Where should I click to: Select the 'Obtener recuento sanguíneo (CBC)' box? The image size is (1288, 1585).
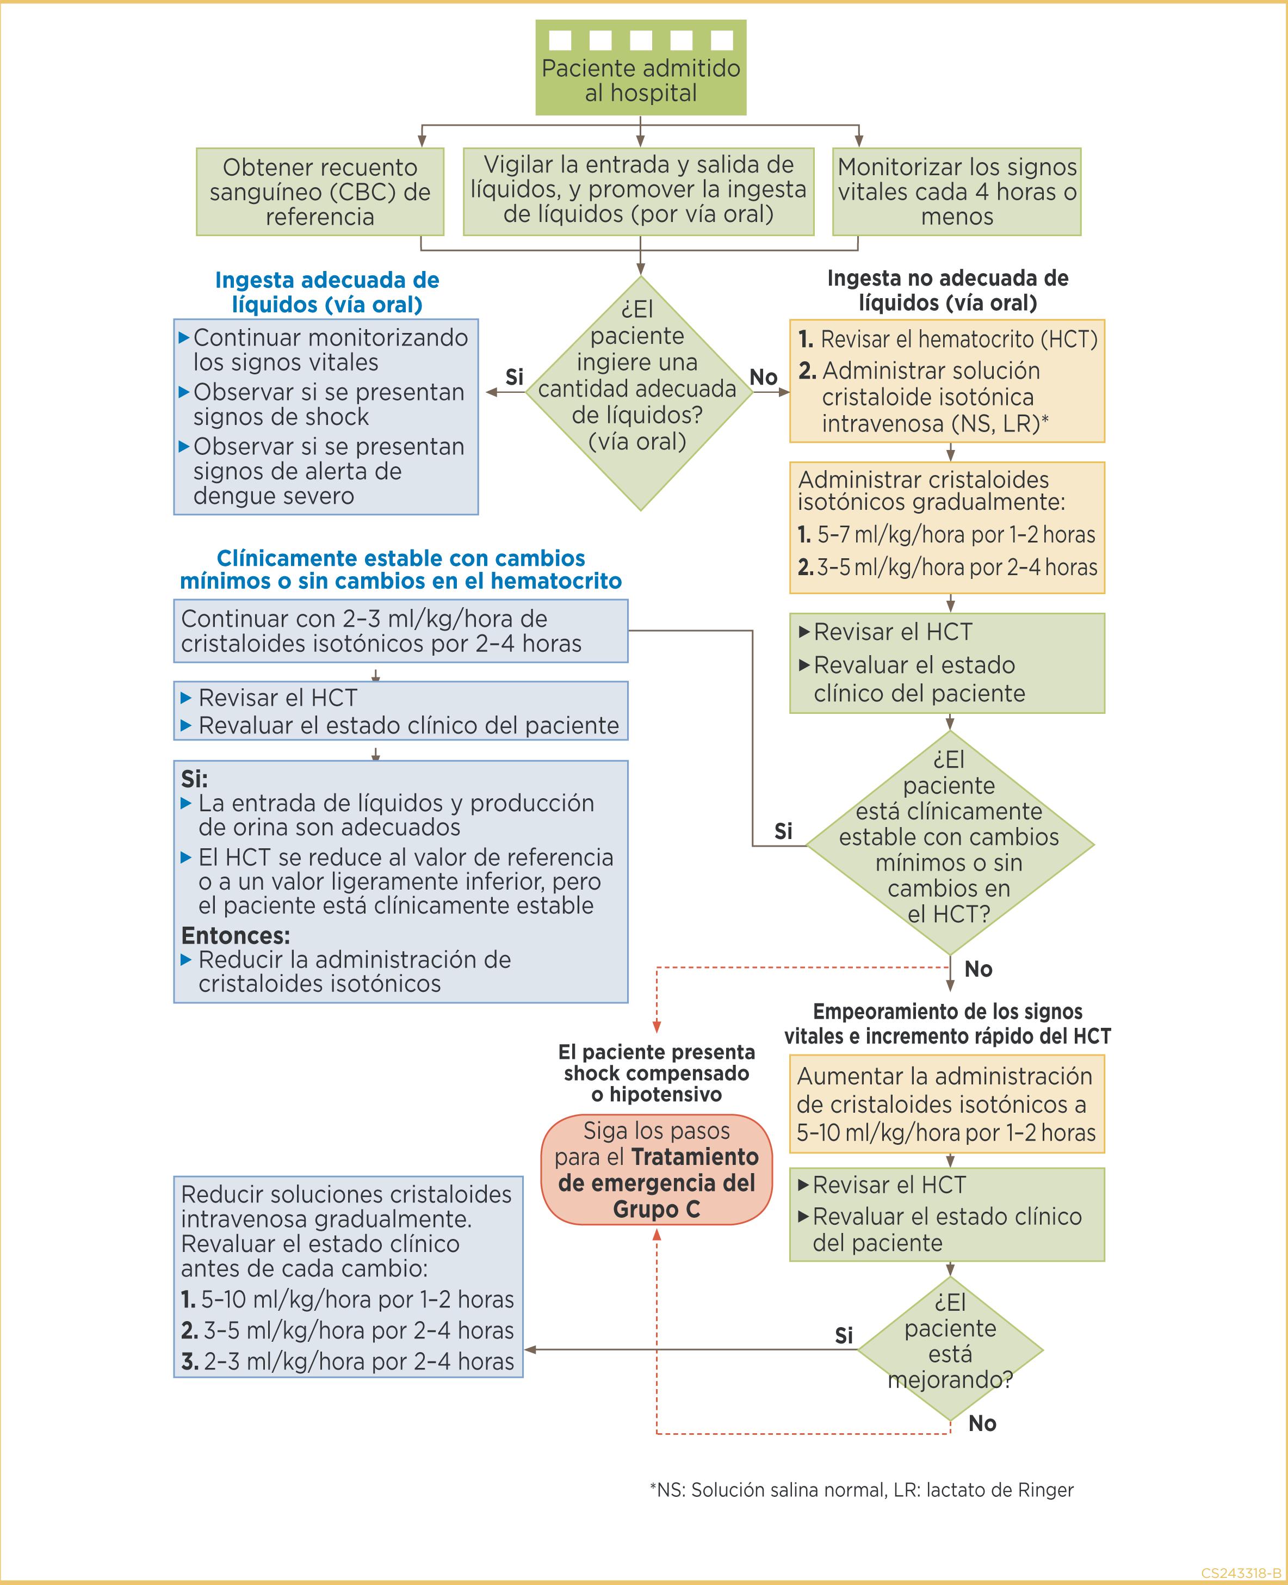(x=320, y=192)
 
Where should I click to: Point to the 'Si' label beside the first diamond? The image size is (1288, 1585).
(x=514, y=377)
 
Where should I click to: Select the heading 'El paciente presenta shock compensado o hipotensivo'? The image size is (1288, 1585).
(x=657, y=1072)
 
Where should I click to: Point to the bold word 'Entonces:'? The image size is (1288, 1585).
(x=235, y=934)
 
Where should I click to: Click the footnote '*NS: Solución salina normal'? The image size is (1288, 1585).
(x=860, y=1489)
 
